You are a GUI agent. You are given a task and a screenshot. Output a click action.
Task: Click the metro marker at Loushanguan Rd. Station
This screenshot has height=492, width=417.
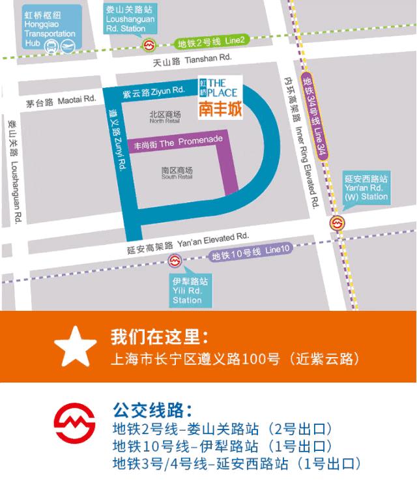(x=150, y=45)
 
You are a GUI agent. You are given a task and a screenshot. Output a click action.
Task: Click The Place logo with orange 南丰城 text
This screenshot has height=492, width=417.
(x=219, y=97)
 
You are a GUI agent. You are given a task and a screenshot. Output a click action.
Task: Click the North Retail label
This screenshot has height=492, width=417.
(x=164, y=117)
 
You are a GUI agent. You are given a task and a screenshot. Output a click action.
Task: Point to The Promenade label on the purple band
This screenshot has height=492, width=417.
(x=178, y=141)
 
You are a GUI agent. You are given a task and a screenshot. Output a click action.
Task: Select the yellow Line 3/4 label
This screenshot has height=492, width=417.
(x=313, y=115)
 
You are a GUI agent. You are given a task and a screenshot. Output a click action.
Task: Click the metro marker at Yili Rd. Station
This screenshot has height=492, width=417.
(x=174, y=261)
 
